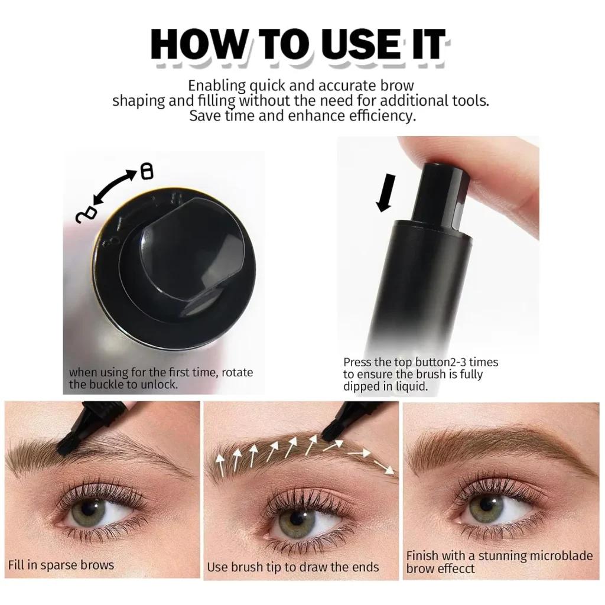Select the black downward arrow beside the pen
click(386, 193)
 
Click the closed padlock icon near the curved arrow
click(147, 171)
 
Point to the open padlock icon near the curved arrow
click(86, 215)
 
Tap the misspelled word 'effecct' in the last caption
click(457, 568)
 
